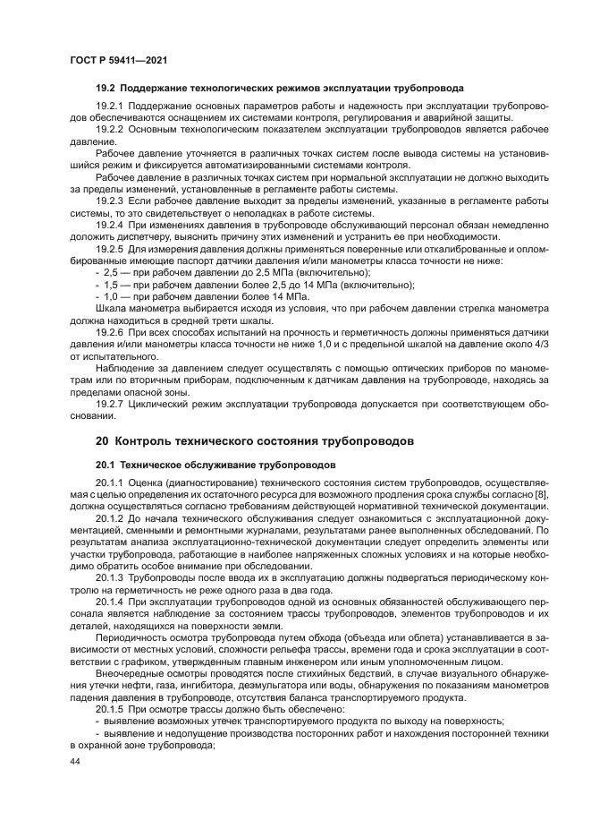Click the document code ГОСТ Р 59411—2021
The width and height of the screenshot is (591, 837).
118,60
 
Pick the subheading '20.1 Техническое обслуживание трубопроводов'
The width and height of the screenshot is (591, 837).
215,465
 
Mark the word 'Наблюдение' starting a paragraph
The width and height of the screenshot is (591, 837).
122,366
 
